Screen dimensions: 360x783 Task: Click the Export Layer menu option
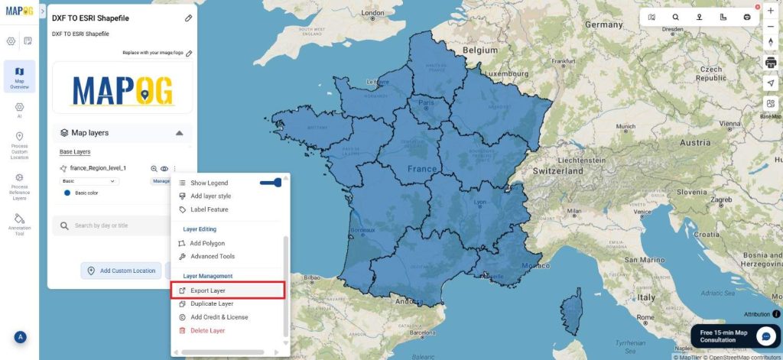207,290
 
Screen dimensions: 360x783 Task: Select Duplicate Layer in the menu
212,303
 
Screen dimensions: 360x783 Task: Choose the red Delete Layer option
207,331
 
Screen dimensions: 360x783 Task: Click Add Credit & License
219,317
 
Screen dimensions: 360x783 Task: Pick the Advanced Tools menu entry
213,257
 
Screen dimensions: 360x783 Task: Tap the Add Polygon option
207,243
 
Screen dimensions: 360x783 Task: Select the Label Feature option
209,209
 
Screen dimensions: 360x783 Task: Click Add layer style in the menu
210,196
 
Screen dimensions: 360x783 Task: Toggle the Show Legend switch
271,183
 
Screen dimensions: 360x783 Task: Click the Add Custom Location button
121,271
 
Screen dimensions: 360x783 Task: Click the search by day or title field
115,225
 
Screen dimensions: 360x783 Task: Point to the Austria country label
694,142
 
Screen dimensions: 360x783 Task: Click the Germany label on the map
603,24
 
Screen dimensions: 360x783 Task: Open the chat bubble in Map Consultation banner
765,336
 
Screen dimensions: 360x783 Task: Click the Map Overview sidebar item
19,77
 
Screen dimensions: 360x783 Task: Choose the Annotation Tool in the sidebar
19,223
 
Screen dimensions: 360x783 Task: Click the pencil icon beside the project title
188,18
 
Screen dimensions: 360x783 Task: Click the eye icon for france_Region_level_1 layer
164,168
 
